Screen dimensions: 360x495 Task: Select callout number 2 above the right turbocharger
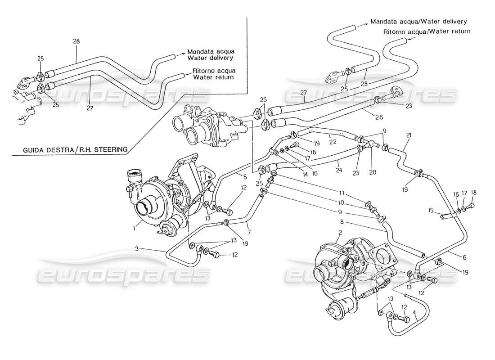coord(341,233)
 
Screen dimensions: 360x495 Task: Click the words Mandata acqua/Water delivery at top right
coord(418,21)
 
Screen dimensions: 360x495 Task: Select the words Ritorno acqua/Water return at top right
coord(427,31)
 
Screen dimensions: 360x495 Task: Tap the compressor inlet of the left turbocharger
coord(147,208)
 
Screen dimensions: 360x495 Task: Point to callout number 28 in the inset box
coord(76,41)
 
